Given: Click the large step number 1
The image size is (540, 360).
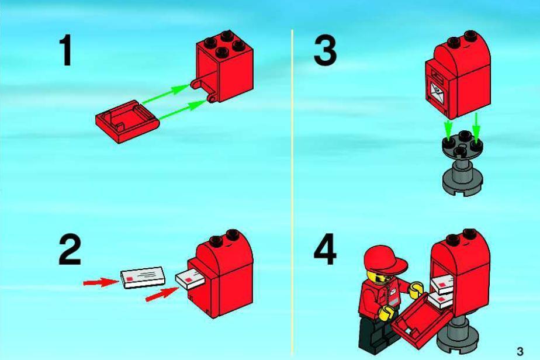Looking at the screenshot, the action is tap(66, 51).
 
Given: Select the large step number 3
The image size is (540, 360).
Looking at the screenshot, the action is tap(325, 51).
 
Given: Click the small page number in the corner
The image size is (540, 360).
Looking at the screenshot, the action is tap(520, 351).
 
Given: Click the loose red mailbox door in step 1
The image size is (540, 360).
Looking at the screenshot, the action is tap(127, 121).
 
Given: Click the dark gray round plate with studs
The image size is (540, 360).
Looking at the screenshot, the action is tap(462, 145).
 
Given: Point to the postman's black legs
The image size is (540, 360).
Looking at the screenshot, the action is tap(375, 335).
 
